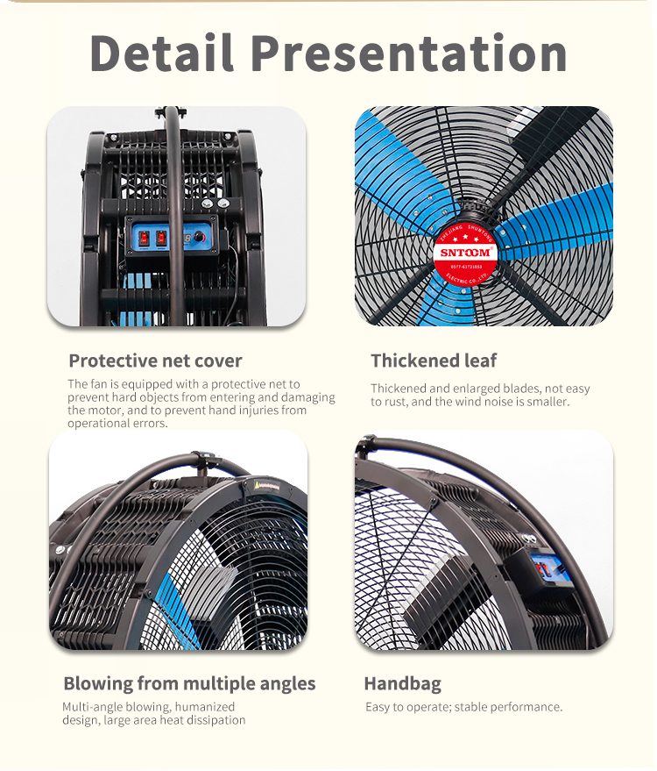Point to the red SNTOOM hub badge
[x=464, y=253]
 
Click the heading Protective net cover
[x=155, y=361]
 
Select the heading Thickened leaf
[x=434, y=361]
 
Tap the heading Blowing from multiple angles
[x=189, y=683]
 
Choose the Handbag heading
[x=402, y=683]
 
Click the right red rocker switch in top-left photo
[x=161, y=238]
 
